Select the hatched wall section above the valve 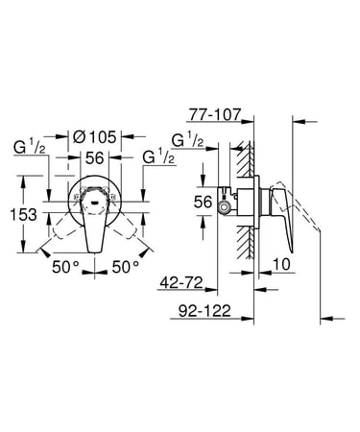coord(249,163)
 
